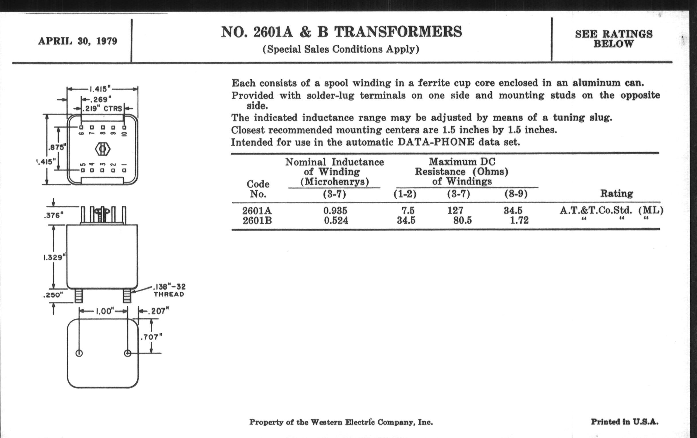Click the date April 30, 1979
[78, 41]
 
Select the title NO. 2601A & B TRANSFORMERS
[341, 32]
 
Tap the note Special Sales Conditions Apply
[341, 50]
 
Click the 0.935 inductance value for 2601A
[335, 210]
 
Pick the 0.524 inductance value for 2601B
[336, 221]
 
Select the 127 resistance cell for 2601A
[455, 210]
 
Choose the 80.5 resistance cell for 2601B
[462, 221]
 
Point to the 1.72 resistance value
[519, 221]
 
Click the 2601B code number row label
[257, 221]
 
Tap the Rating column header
[616, 194]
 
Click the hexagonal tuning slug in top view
[103, 149]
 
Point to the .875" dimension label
[57, 147]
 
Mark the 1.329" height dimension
[53, 257]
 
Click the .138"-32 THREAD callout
[169, 290]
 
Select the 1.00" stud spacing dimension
[103, 311]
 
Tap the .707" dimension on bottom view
[151, 337]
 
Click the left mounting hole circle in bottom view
[79, 353]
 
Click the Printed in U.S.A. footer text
[625, 422]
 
